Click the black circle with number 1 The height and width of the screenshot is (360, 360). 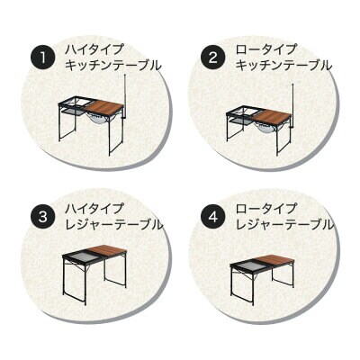pyautogui.click(x=43, y=58)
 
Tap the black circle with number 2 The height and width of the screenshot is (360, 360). pyautogui.click(x=213, y=58)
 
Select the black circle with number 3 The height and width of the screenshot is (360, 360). pyautogui.click(x=43, y=217)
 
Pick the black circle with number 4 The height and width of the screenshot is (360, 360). pyautogui.click(x=213, y=217)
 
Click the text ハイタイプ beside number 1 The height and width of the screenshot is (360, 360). pyautogui.click(x=94, y=49)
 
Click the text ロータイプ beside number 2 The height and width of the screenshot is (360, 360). pyautogui.click(x=265, y=49)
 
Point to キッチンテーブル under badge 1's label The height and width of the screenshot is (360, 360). pyautogui.click(x=113, y=66)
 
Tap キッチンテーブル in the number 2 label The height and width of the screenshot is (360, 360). pyautogui.click(x=283, y=66)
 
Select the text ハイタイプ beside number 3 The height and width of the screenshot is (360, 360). pyautogui.click(x=94, y=209)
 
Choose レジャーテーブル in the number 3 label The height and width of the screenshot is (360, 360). pyautogui.click(x=114, y=224)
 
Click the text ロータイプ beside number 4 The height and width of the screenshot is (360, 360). pyautogui.click(x=265, y=209)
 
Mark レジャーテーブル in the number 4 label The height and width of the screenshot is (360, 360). pyautogui.click(x=284, y=224)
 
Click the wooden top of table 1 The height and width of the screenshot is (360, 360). pyautogui.click(x=103, y=107)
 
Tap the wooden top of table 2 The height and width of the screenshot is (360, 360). pyautogui.click(x=273, y=116)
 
